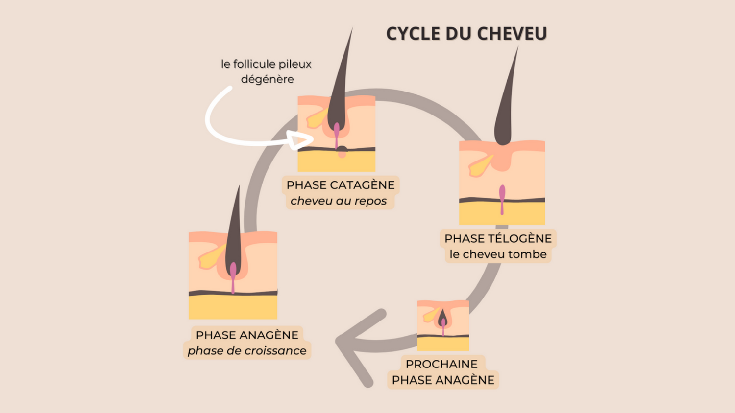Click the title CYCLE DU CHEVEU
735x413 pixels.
pyautogui.click(x=466, y=34)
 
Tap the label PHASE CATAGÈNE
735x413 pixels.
pyautogui.click(x=341, y=185)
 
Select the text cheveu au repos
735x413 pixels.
pyautogui.click(x=339, y=201)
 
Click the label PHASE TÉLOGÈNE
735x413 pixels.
pyautogui.click(x=498, y=238)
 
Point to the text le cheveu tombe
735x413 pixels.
pyautogui.click(x=498, y=254)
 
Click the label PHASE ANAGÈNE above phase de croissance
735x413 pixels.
pyautogui.click(x=247, y=335)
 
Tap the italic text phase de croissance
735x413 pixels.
pyautogui.click(x=247, y=350)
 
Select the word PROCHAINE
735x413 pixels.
pyautogui.click(x=441, y=364)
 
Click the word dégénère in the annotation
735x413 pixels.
pyautogui.click(x=267, y=79)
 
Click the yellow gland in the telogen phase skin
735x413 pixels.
pyautogui.click(x=480, y=165)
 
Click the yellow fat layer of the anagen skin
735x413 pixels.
pyautogui.click(x=233, y=307)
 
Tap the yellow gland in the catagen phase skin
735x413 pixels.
pyautogui.click(x=316, y=119)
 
